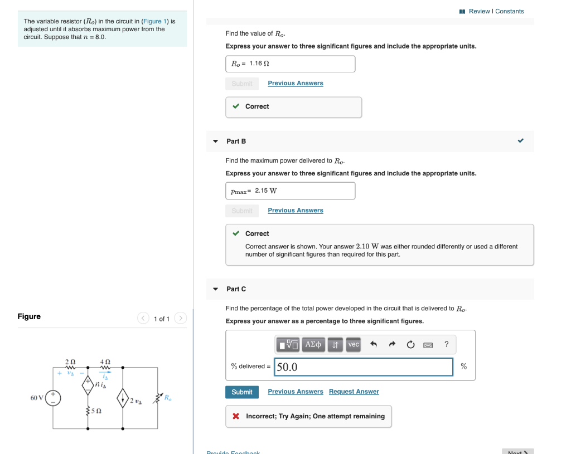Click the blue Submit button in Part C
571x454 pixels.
[x=241, y=392]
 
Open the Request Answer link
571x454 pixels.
[x=354, y=392]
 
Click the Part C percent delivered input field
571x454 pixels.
[x=363, y=367]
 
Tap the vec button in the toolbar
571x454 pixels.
[x=354, y=345]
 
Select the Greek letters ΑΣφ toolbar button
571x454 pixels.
[x=313, y=345]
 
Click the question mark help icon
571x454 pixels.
[x=446, y=345]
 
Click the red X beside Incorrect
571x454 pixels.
[x=236, y=416]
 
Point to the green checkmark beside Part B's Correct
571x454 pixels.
[x=236, y=233]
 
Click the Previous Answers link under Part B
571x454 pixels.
[x=295, y=210]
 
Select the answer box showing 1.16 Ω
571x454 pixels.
[x=290, y=64]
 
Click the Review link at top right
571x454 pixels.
[x=479, y=11]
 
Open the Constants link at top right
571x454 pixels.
[x=510, y=11]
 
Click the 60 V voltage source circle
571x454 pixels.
[x=54, y=398]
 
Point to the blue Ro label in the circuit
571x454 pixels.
[x=168, y=397]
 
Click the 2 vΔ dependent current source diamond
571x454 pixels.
[x=123, y=398]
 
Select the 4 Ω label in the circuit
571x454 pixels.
[x=104, y=362]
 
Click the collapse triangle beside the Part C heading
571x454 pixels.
[x=216, y=289]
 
